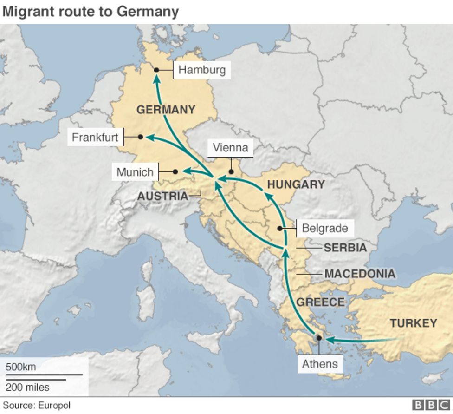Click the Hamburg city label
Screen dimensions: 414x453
pyautogui.click(x=202, y=70)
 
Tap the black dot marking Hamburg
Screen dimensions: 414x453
pyautogui.click(x=156, y=70)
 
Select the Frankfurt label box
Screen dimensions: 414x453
pyautogui.click(x=95, y=138)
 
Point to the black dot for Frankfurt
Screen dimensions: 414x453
pyautogui.click(x=140, y=137)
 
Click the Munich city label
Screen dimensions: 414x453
pyautogui.click(x=135, y=172)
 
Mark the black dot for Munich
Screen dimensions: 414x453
pyautogui.click(x=175, y=172)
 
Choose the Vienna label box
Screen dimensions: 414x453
pyautogui.click(x=230, y=148)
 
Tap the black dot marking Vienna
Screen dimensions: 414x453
pyautogui.click(x=231, y=171)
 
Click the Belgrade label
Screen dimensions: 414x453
pyautogui.click(x=324, y=228)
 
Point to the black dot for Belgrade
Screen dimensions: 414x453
pyautogui.click(x=279, y=228)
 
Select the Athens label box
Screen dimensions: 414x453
pyautogui.click(x=320, y=363)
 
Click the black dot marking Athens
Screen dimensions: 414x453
pyautogui.click(x=319, y=338)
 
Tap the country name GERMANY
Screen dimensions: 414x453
pyautogui.click(x=166, y=110)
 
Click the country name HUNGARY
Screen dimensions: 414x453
pyautogui.click(x=296, y=184)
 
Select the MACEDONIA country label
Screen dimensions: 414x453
pyautogui.click(x=360, y=274)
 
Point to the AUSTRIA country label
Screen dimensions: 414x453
pyautogui.click(x=162, y=196)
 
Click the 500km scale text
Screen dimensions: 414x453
pyautogui.click(x=21, y=367)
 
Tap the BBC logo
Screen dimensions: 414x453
pyautogui.click(x=431, y=405)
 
